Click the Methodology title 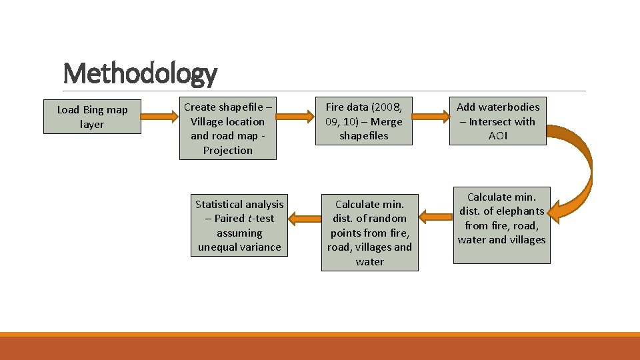click(140, 73)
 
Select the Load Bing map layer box click(92, 117)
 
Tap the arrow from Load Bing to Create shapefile click(159, 117)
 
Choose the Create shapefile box click(227, 129)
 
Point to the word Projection click(227, 151)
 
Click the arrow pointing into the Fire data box click(297, 117)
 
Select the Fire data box click(364, 121)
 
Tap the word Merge click(387, 121)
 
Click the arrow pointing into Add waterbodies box click(427, 117)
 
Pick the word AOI click(498, 136)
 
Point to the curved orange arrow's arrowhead click(563, 208)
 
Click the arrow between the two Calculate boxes click(436, 217)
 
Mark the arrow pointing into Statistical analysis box click(305, 217)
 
